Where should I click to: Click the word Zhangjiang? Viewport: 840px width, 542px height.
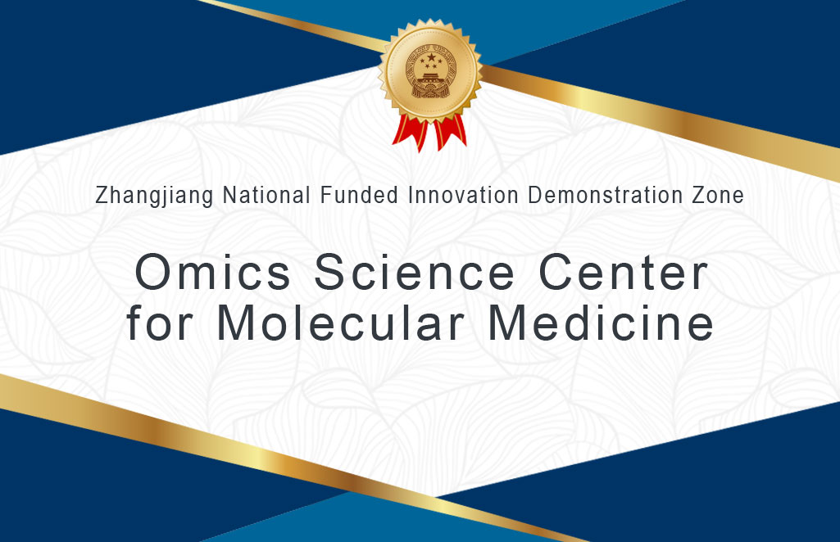pos(154,196)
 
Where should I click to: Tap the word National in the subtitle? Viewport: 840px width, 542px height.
pos(266,195)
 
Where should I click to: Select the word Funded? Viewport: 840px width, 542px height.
pos(359,195)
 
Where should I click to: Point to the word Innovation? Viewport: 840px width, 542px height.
pos(463,195)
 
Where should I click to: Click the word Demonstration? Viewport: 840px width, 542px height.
pos(605,195)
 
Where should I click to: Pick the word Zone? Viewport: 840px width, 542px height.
pos(718,195)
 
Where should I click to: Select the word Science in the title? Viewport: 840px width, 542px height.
pos(414,272)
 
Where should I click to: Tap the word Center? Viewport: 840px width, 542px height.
pos(623,272)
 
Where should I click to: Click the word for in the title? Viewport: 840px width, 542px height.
pos(159,322)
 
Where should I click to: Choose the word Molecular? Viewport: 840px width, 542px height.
pos(340,322)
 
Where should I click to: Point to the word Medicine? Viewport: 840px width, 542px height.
pos(601,322)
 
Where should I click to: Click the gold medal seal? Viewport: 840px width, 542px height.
pos(430,70)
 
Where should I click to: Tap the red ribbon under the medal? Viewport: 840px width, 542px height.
pos(429,133)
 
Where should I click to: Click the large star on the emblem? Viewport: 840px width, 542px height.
pos(432,57)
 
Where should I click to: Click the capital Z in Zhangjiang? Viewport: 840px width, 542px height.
pos(102,196)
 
